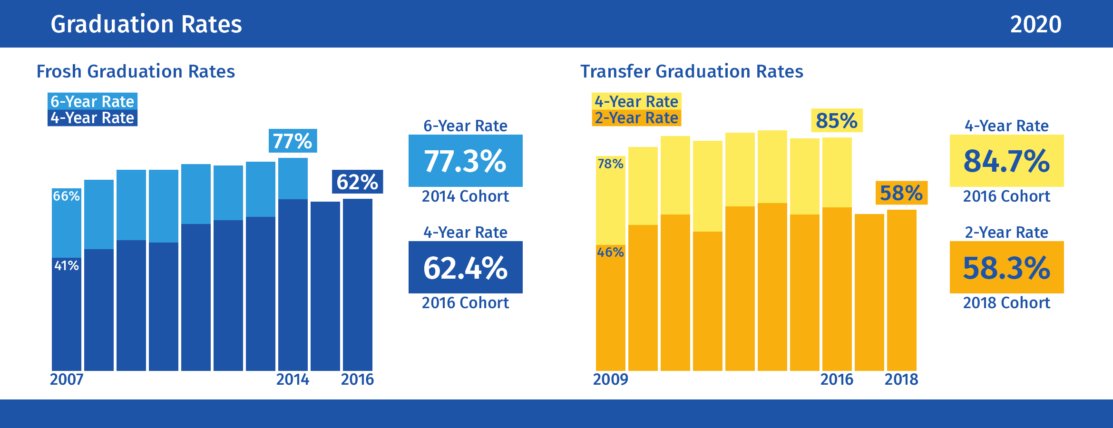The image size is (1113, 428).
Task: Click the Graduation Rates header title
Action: [x=146, y=24]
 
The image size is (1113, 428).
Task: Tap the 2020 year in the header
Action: [x=1035, y=24]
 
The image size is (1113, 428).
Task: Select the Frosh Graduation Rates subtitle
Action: [x=136, y=71]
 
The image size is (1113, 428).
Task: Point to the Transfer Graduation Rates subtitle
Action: [x=692, y=71]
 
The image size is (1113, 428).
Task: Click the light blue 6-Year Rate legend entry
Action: [x=92, y=101]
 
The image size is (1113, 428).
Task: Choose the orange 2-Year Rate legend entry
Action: [x=636, y=118]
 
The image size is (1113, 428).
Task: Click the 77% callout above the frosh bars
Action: [x=293, y=141]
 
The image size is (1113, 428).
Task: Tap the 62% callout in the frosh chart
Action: [x=357, y=182]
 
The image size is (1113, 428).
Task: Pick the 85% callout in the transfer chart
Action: [x=837, y=120]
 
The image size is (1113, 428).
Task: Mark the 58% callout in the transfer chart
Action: [x=901, y=193]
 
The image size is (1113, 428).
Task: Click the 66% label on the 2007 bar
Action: [x=66, y=196]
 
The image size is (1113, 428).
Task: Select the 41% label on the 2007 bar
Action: [x=66, y=265]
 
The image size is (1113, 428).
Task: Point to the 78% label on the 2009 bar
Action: [x=610, y=164]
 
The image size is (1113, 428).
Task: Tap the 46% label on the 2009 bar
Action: [x=610, y=252]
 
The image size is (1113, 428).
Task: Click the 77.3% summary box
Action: [x=465, y=161]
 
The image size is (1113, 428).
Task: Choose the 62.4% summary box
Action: [x=465, y=267]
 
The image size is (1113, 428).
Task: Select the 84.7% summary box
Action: [x=1006, y=161]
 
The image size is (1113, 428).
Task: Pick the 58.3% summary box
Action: [x=1006, y=267]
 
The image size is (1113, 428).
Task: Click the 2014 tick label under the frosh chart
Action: [x=293, y=379]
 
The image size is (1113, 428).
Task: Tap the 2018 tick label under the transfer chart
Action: [x=901, y=379]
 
